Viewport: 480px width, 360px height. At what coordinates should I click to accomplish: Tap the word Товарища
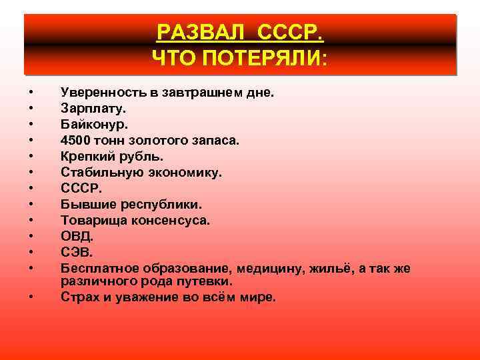click(90, 220)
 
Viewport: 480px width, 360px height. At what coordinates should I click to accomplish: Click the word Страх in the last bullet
click(77, 297)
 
